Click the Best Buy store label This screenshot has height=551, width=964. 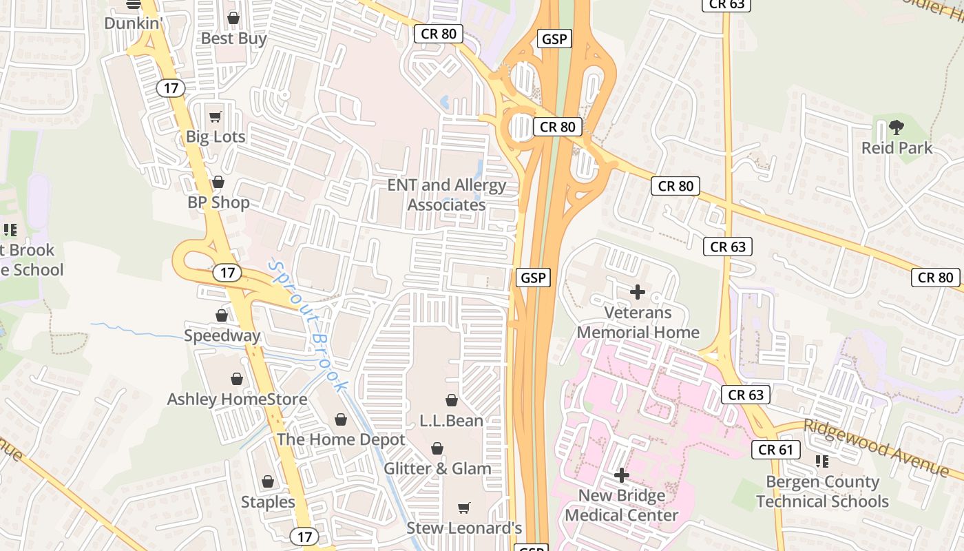point(233,39)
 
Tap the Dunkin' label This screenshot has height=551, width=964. point(133,23)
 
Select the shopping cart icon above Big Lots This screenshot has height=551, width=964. point(216,116)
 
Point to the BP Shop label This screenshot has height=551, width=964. point(218,202)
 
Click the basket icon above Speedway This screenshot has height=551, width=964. point(222,315)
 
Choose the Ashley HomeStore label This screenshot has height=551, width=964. point(237,399)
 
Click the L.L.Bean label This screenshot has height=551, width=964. point(451,420)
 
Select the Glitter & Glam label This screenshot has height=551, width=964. point(437,468)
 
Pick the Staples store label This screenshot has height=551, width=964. point(268,502)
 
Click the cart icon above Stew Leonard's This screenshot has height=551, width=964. point(464,508)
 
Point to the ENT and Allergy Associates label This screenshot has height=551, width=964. point(446,195)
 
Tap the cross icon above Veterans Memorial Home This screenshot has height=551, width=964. point(638,292)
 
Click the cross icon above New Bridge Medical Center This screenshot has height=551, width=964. point(621,475)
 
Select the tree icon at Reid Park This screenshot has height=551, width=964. point(897,127)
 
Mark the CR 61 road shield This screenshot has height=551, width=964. point(775,450)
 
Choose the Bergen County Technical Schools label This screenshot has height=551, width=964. point(822,492)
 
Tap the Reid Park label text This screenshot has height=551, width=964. point(897,147)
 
